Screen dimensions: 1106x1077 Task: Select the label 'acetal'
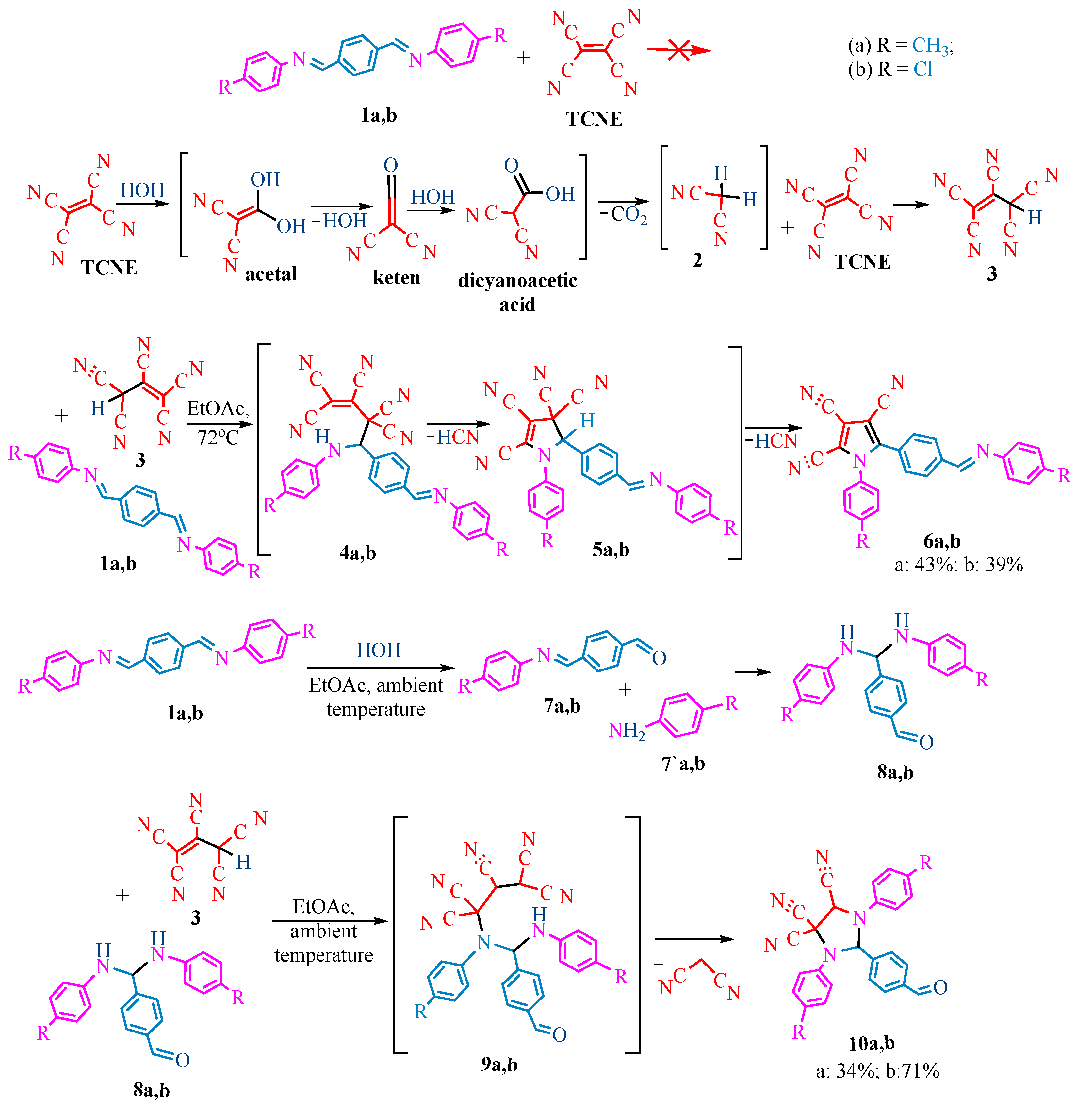point(270,274)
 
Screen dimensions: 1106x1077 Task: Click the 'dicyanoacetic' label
point(517,281)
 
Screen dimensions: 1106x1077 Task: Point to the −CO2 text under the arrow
point(624,215)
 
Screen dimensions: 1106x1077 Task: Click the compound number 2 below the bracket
point(697,260)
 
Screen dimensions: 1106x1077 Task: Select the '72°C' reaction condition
point(218,437)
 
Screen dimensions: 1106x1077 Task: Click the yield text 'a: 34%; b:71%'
point(877,1071)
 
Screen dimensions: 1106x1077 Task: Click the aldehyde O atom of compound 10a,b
point(940,988)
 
